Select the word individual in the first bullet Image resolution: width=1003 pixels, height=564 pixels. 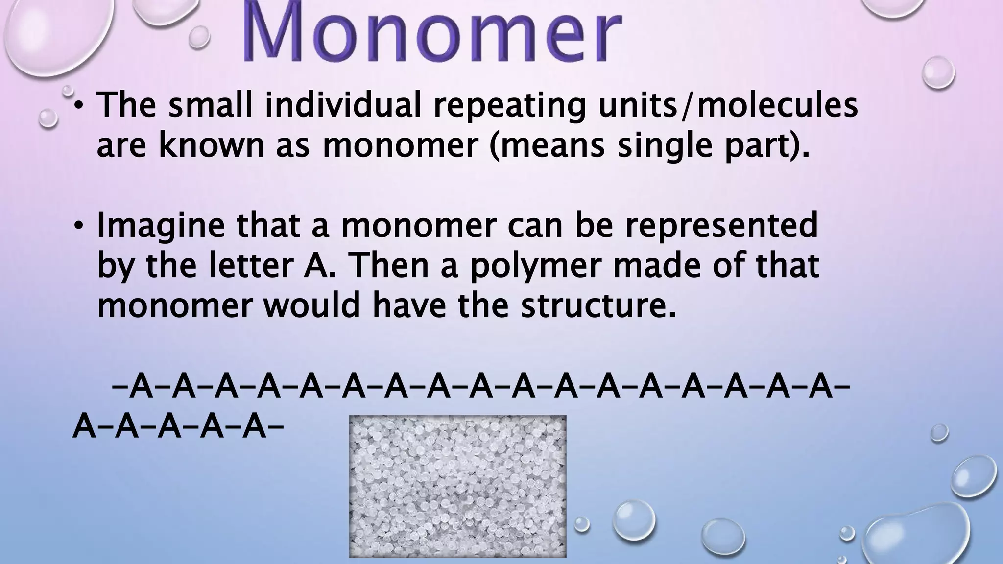(342, 105)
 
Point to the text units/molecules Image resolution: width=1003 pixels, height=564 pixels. (727, 105)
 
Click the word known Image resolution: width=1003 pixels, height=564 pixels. (211, 145)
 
